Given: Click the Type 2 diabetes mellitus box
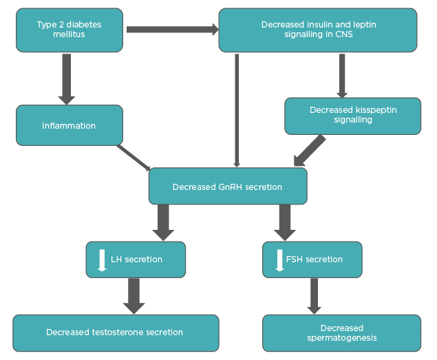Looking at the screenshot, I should [x=70, y=30].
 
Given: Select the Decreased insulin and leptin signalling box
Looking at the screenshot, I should [x=318, y=30].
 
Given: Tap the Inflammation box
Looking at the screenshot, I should [x=70, y=125].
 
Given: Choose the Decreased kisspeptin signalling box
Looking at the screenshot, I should [x=352, y=115].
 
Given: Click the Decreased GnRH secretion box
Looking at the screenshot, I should [x=228, y=186].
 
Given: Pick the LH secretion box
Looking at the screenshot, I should [x=136, y=260].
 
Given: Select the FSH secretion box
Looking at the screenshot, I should [x=312, y=260].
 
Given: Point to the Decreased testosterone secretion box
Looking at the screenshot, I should [x=115, y=332].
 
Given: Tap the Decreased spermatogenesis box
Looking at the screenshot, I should [x=341, y=332].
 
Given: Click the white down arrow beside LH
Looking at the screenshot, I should [x=102, y=260].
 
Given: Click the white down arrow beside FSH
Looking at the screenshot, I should [x=279, y=260].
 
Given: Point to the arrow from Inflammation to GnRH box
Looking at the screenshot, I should [x=135, y=157].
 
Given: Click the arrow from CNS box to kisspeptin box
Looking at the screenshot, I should [x=341, y=76].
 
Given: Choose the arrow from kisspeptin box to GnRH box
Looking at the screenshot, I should [x=311, y=149].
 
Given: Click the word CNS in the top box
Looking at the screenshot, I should [x=344, y=34].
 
